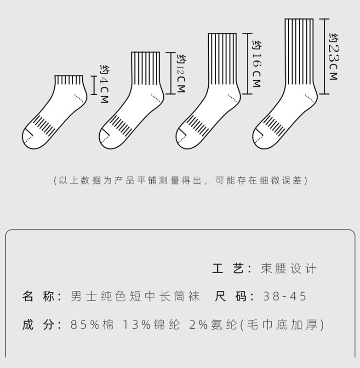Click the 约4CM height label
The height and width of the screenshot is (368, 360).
pos(104,84)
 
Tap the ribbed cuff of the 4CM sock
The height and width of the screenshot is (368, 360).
pos(70,81)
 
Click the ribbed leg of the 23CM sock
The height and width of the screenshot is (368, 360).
pos(299,53)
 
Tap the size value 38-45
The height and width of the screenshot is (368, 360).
pos(285,296)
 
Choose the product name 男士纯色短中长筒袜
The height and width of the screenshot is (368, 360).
pos(135,296)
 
